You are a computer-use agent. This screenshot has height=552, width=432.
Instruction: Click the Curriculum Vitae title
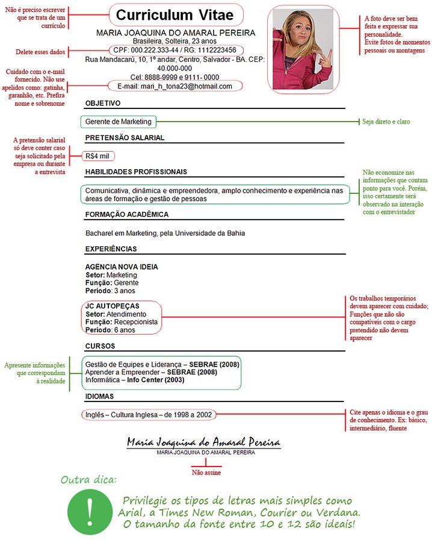tap(176, 15)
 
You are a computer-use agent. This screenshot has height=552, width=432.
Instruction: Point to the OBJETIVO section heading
tap(103, 104)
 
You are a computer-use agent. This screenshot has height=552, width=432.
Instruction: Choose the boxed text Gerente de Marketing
tap(119, 122)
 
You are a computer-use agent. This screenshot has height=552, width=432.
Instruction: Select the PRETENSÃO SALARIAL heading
tap(125, 138)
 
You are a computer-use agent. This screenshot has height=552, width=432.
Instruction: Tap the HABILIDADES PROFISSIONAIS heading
tap(136, 172)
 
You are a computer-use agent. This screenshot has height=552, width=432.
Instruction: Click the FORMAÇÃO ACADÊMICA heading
tap(127, 215)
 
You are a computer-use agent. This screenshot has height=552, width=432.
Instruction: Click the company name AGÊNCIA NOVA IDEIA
tap(122, 267)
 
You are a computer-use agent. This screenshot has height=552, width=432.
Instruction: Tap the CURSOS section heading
tap(100, 347)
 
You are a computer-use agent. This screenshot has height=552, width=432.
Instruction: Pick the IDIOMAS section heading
tap(100, 397)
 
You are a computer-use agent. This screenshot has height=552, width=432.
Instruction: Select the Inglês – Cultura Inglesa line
tap(149, 414)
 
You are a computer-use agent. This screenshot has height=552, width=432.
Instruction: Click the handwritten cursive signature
tap(203, 443)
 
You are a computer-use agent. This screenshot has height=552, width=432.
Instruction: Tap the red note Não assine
tap(206, 473)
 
